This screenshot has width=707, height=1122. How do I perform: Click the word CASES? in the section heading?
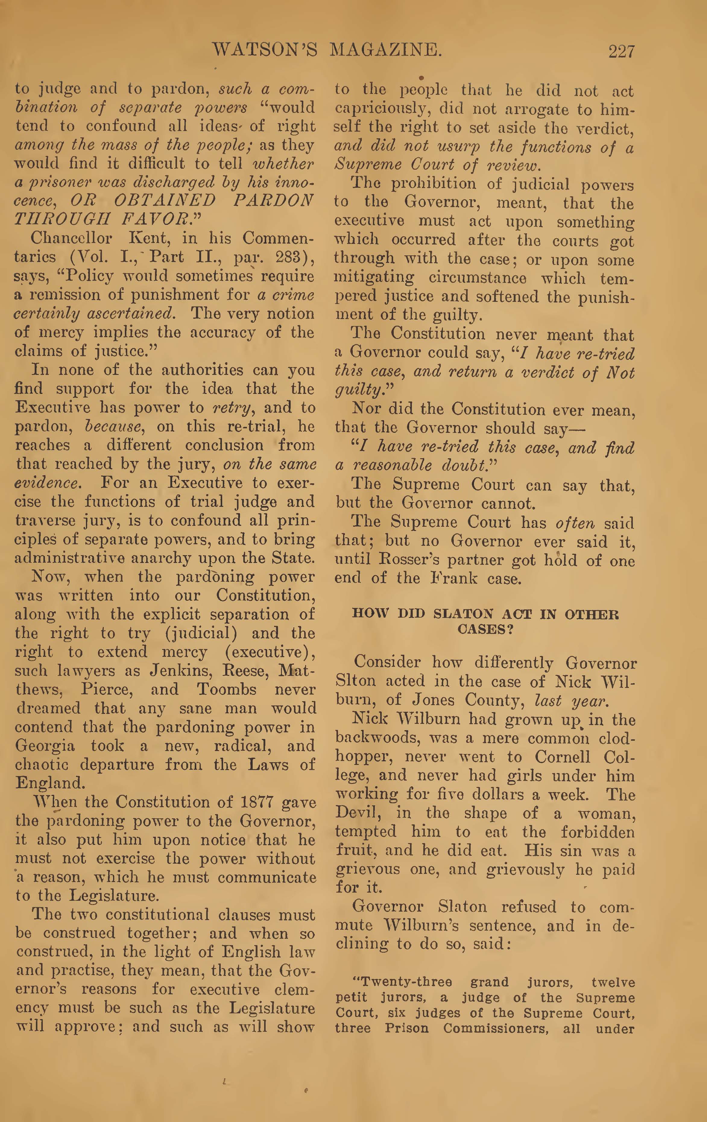[x=485, y=629]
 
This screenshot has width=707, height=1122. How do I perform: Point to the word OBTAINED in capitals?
[x=165, y=200]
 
